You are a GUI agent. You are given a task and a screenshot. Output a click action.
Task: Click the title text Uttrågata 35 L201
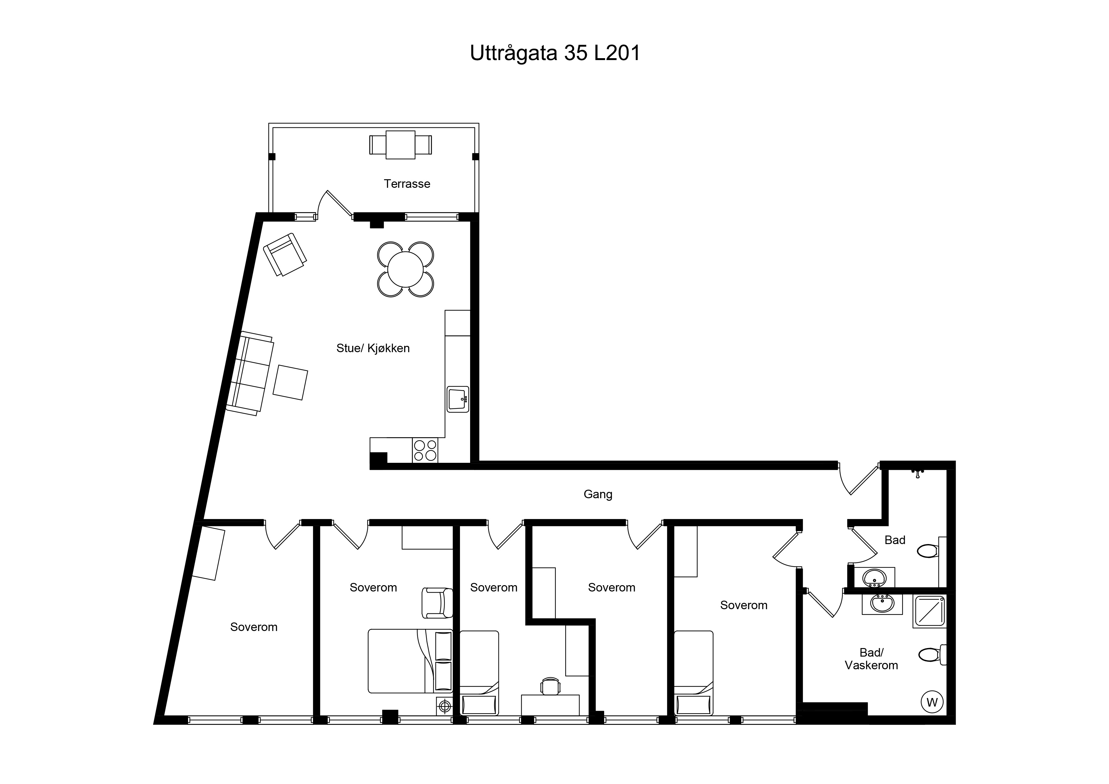coord(555,53)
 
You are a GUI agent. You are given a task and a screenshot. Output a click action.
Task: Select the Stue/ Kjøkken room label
coord(373,348)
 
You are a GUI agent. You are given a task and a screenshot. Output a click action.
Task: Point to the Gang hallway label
coord(598,494)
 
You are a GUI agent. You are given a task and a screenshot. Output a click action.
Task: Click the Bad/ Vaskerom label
coord(871,659)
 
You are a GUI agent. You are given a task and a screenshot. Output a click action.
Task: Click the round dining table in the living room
coord(405,269)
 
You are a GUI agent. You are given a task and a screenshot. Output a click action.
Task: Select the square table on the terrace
coord(401,144)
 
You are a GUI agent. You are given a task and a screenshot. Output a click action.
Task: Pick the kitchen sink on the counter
coord(458,399)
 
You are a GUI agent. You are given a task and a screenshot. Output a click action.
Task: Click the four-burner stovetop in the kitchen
coord(425,450)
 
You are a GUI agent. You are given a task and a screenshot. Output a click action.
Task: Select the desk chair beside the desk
coord(551,686)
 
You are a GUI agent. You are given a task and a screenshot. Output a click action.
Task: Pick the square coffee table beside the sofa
coord(290,383)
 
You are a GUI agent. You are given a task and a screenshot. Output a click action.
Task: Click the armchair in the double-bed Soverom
coord(437,603)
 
